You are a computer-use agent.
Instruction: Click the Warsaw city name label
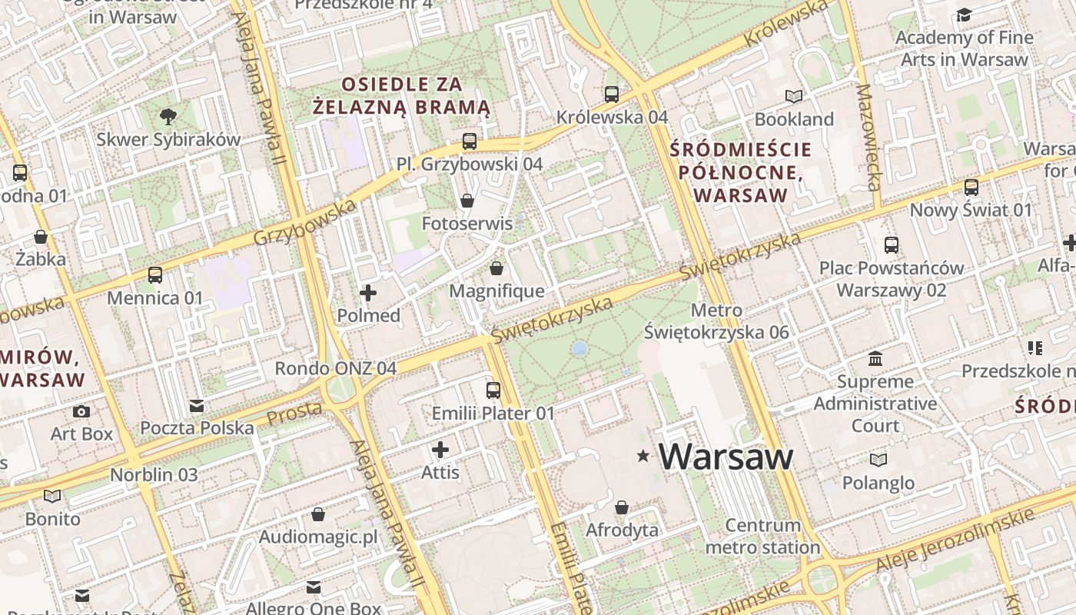pyautogui.click(x=726, y=457)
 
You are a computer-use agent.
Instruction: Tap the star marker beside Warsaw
pyautogui.click(x=643, y=457)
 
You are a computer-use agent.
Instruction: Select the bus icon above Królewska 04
pyautogui.click(x=612, y=95)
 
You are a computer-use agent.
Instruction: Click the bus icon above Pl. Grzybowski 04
pyautogui.click(x=470, y=141)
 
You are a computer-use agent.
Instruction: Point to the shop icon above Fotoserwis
pyautogui.click(x=467, y=201)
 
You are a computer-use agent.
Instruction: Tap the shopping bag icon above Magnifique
pyautogui.click(x=496, y=268)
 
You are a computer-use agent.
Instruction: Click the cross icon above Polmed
pyautogui.click(x=368, y=293)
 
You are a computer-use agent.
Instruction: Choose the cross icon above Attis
pyautogui.click(x=440, y=450)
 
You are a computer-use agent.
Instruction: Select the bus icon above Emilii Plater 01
pyautogui.click(x=493, y=391)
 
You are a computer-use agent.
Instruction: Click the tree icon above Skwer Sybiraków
pyautogui.click(x=168, y=117)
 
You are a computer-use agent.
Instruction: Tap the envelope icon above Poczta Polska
pyautogui.click(x=197, y=406)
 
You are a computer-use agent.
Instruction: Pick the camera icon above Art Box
pyautogui.click(x=81, y=411)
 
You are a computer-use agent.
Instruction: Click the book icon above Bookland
pyautogui.click(x=794, y=97)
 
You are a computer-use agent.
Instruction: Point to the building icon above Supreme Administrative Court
pyautogui.click(x=875, y=359)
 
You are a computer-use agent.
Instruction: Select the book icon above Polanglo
pyautogui.click(x=878, y=460)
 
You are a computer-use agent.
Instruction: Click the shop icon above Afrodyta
pyautogui.click(x=622, y=507)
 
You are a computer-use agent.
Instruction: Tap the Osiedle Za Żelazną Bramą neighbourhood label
pyautogui.click(x=402, y=95)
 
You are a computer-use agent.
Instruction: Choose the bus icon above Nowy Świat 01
pyautogui.click(x=971, y=187)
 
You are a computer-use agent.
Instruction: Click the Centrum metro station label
pyautogui.click(x=762, y=537)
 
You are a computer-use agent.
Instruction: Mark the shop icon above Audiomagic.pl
pyautogui.click(x=318, y=514)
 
